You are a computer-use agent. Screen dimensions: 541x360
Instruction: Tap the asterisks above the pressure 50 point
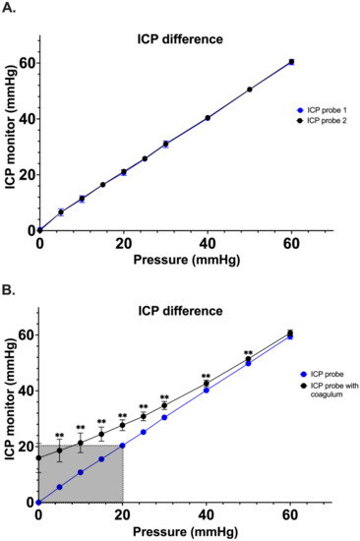coord(249,353)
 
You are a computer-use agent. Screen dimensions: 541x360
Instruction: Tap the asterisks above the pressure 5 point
coord(59,436)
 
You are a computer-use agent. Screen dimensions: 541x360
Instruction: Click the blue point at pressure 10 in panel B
coord(81,472)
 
